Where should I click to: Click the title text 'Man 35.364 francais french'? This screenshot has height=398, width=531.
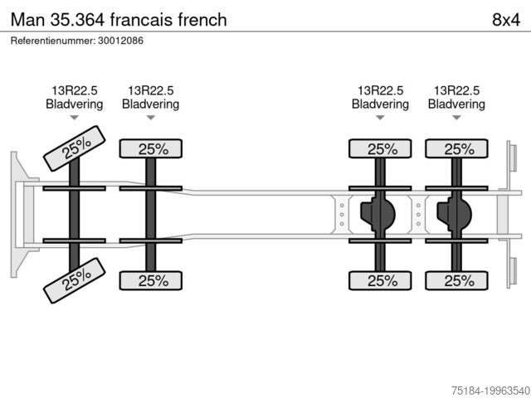(x=119, y=19)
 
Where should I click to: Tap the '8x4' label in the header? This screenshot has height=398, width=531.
(x=505, y=19)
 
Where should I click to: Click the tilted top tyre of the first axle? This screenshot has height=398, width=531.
(x=75, y=148)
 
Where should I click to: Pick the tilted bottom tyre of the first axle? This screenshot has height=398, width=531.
(x=75, y=279)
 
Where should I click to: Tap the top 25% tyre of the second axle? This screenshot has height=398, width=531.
(x=151, y=149)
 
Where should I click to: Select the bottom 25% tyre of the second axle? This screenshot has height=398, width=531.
(x=151, y=280)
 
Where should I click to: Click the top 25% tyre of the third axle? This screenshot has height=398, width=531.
(x=380, y=149)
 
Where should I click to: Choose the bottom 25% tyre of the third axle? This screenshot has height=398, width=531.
(x=380, y=280)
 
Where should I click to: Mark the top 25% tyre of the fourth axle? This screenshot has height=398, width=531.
(x=456, y=149)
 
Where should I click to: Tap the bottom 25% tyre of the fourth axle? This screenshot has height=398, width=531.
(x=456, y=280)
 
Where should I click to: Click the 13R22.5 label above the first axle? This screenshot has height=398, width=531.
(x=75, y=90)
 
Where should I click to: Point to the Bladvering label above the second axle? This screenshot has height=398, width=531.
(x=151, y=104)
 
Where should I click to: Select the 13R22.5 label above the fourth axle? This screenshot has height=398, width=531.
(x=456, y=90)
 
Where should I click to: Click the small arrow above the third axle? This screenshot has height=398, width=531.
(x=380, y=118)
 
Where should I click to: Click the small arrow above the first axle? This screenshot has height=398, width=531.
(x=75, y=118)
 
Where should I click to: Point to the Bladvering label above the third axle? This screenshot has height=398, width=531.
(x=380, y=104)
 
